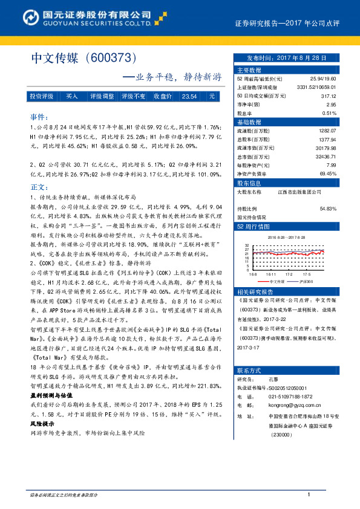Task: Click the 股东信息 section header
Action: [x=249, y=183]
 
